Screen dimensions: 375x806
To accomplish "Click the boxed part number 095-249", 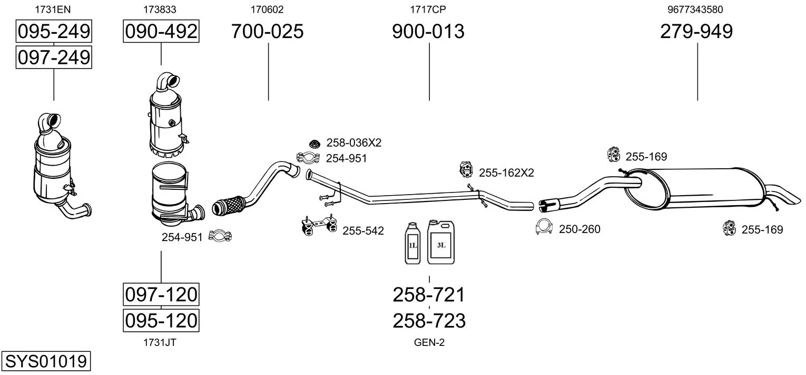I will tap(54, 32).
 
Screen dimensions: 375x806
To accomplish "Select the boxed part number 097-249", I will tap(54, 57).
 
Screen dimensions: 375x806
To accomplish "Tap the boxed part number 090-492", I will tap(161, 32).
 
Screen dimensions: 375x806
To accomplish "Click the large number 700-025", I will tap(268, 32).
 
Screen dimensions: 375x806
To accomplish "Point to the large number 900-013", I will tap(428, 32).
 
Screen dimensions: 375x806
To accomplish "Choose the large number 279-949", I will tap(696, 32).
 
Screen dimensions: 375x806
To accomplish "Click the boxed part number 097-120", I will tap(161, 294).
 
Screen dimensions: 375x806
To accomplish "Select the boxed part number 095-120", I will tap(161, 320).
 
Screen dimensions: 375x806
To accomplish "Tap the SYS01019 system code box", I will tap(45, 361).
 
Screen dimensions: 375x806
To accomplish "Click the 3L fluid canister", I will tap(441, 242).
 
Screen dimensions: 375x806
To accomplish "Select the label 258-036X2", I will tap(353, 142).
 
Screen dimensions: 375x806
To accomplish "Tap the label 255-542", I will tap(363, 230).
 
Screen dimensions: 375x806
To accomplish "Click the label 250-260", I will tap(579, 229).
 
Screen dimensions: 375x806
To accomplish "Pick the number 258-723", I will tap(429, 320).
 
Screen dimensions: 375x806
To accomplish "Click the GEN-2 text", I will tap(429, 343).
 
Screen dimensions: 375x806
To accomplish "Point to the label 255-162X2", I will tap(506, 172).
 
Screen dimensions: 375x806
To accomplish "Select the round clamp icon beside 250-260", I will tap(544, 227).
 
